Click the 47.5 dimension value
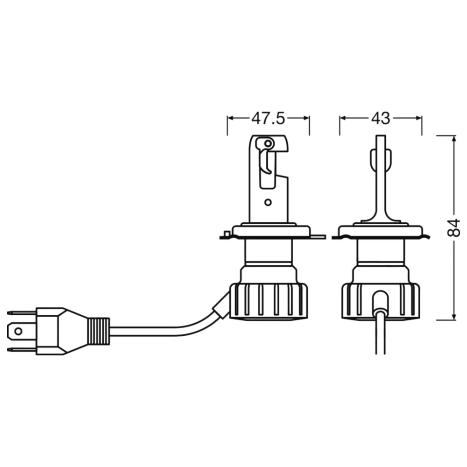[x=268, y=118]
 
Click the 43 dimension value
[x=380, y=118]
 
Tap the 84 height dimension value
[x=454, y=228]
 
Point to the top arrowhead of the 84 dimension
[x=454, y=139]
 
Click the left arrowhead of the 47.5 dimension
[x=231, y=118]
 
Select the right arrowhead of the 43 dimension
[x=418, y=118]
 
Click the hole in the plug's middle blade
[x=18, y=331]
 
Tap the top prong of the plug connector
[x=21, y=313]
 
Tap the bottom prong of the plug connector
[x=21, y=349]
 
